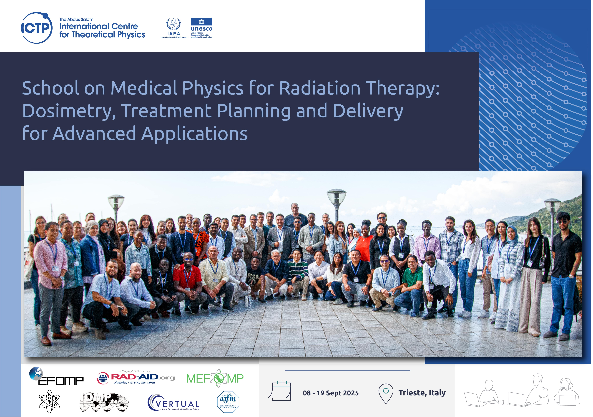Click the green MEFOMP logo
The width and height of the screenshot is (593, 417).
point(215,378)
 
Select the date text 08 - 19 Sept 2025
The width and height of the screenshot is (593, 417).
point(331,393)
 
